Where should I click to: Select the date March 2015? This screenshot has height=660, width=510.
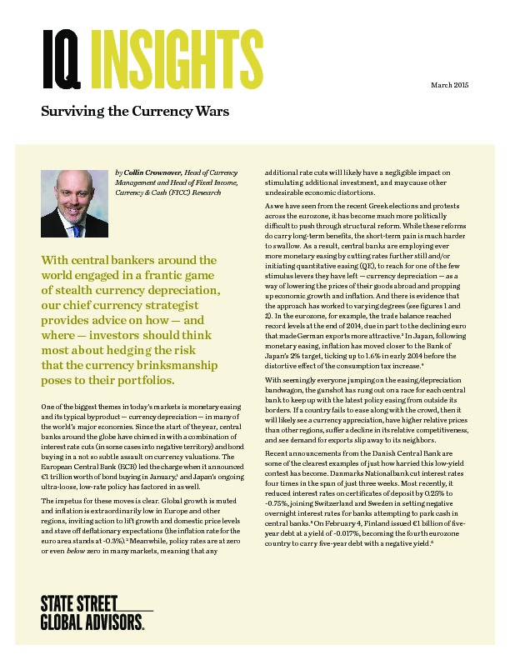[x=450, y=86]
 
